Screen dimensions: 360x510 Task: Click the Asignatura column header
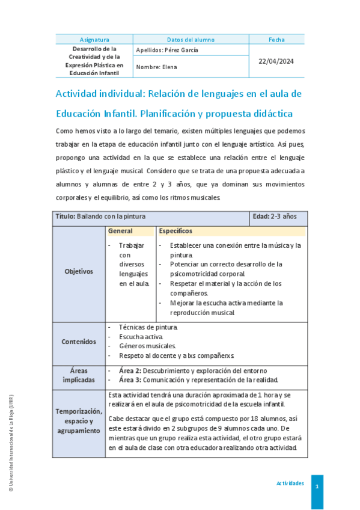coord(92,40)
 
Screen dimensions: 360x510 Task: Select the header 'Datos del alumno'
coord(191,40)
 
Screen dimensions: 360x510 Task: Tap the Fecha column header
coord(276,40)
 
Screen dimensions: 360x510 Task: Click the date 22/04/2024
coord(276,61)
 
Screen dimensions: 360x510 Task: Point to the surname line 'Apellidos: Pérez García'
coord(167,51)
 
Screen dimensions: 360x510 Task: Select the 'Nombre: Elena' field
coord(157,67)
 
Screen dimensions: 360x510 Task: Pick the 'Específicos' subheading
coord(176,231)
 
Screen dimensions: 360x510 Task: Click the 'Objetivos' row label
coord(79,271)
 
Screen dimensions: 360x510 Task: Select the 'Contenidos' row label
coord(79,342)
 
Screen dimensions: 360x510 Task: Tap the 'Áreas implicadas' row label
coord(79,375)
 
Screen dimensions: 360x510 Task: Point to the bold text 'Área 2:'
coord(130,370)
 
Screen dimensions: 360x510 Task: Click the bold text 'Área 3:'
coord(130,380)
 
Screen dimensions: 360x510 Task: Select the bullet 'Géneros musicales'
coord(147,346)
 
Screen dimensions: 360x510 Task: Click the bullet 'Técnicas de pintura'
coord(148,327)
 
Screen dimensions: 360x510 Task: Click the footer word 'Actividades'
coord(290,484)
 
